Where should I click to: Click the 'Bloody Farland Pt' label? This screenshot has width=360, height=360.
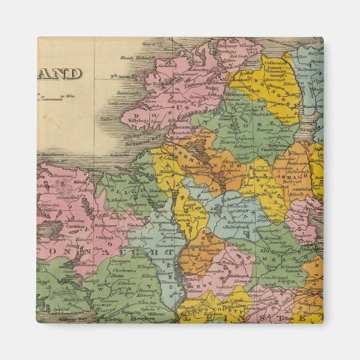(x=137, y=58)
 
